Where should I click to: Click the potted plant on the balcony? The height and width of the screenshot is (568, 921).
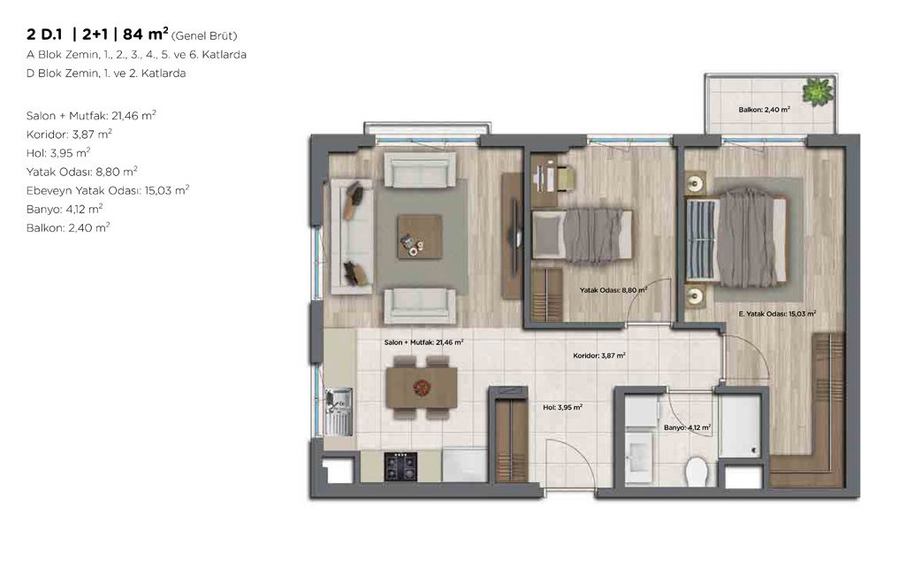pos(818,92)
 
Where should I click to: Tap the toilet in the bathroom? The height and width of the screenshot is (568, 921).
pos(698,471)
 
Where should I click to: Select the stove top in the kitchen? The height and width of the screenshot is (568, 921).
pos(400,467)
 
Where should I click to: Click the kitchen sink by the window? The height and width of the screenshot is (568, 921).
pos(339,411)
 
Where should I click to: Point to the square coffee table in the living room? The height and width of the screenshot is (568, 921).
pos(419,236)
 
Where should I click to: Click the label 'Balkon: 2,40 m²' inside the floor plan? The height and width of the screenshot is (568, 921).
pos(764,110)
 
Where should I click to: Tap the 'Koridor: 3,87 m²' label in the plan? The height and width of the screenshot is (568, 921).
pos(599,355)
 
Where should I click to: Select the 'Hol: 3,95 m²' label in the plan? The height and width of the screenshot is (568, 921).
pos(563,407)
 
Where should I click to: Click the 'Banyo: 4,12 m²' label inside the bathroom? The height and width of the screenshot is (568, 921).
pos(688,427)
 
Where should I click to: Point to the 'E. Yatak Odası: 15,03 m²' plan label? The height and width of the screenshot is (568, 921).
pos(777,314)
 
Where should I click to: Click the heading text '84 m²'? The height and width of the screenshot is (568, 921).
pos(146,35)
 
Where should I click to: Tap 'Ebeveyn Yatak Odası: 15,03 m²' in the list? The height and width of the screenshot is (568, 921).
pos(108,190)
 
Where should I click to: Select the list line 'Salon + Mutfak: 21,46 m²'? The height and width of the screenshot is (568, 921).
pos(91,115)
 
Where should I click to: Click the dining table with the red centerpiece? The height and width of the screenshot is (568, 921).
pos(421,387)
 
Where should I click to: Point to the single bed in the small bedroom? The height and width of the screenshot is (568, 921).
pos(582,235)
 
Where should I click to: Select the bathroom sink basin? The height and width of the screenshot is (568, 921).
pos(638,457)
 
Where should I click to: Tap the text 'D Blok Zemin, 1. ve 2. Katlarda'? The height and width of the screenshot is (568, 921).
pos(106,73)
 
